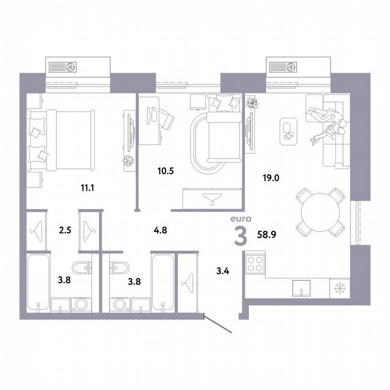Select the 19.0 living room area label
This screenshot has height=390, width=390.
pyautogui.click(x=271, y=177)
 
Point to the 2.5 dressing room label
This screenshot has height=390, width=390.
pyautogui.click(x=66, y=230)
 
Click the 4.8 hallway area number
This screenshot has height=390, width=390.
pyautogui.click(x=160, y=230)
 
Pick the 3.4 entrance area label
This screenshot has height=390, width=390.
pyautogui.click(x=223, y=271)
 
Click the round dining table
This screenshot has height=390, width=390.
pyautogui.click(x=320, y=213)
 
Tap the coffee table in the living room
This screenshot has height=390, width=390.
pyautogui.click(x=287, y=131)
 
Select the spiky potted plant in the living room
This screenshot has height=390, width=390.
pyautogui.click(x=251, y=103)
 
